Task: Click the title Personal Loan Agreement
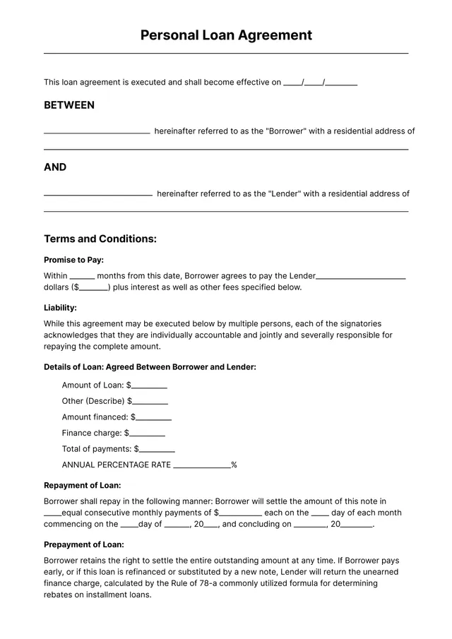(x=226, y=35)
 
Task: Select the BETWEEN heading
(x=69, y=105)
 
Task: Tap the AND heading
(x=55, y=167)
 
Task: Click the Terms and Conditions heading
(x=100, y=239)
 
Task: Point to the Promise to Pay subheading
(x=73, y=260)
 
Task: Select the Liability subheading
(x=60, y=308)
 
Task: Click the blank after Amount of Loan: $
(x=149, y=386)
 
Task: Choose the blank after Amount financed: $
(x=153, y=418)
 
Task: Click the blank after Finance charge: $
(x=147, y=434)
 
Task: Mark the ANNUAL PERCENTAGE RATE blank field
(x=201, y=466)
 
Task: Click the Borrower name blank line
(x=97, y=132)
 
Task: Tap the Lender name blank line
(x=98, y=194)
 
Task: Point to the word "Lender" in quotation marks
(x=285, y=193)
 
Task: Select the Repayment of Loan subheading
(x=82, y=486)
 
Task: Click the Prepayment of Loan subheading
(x=83, y=544)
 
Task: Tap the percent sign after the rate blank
(x=234, y=465)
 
